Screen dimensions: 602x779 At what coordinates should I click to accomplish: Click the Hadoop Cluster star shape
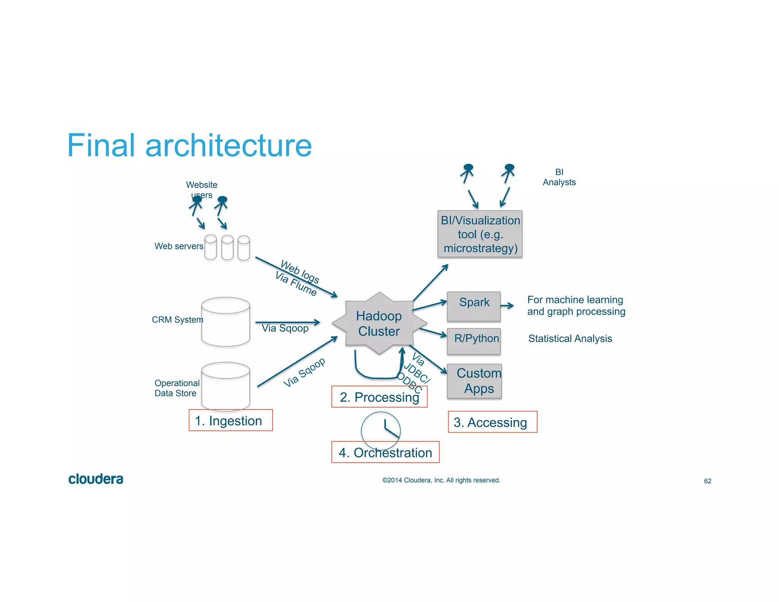click(379, 323)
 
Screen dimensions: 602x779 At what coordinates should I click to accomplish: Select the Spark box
click(474, 306)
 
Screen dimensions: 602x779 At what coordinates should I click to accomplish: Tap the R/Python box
click(474, 341)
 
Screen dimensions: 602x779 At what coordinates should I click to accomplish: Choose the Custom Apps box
click(474, 381)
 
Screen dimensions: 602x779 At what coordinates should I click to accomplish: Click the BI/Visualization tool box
click(480, 234)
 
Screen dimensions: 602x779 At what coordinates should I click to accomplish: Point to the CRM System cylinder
click(226, 322)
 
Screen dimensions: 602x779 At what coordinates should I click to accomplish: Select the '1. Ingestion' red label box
click(231, 420)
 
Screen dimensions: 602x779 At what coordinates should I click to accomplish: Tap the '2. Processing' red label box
click(379, 397)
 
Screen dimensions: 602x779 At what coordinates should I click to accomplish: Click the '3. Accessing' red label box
click(492, 422)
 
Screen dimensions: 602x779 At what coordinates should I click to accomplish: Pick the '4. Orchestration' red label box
click(385, 452)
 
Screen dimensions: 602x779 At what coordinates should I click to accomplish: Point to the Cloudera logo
click(95, 479)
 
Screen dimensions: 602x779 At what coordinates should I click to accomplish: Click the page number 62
click(707, 481)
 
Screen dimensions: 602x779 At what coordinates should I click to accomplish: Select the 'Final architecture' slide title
click(189, 145)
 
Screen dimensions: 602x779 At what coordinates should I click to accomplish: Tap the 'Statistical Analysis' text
click(570, 338)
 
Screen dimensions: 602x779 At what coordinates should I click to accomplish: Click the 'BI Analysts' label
click(559, 177)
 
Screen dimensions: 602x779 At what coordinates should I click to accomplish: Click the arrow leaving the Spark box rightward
click(507, 306)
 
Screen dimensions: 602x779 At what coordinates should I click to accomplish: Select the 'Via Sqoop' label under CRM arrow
click(285, 328)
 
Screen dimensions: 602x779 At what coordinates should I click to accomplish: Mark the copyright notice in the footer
click(441, 480)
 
